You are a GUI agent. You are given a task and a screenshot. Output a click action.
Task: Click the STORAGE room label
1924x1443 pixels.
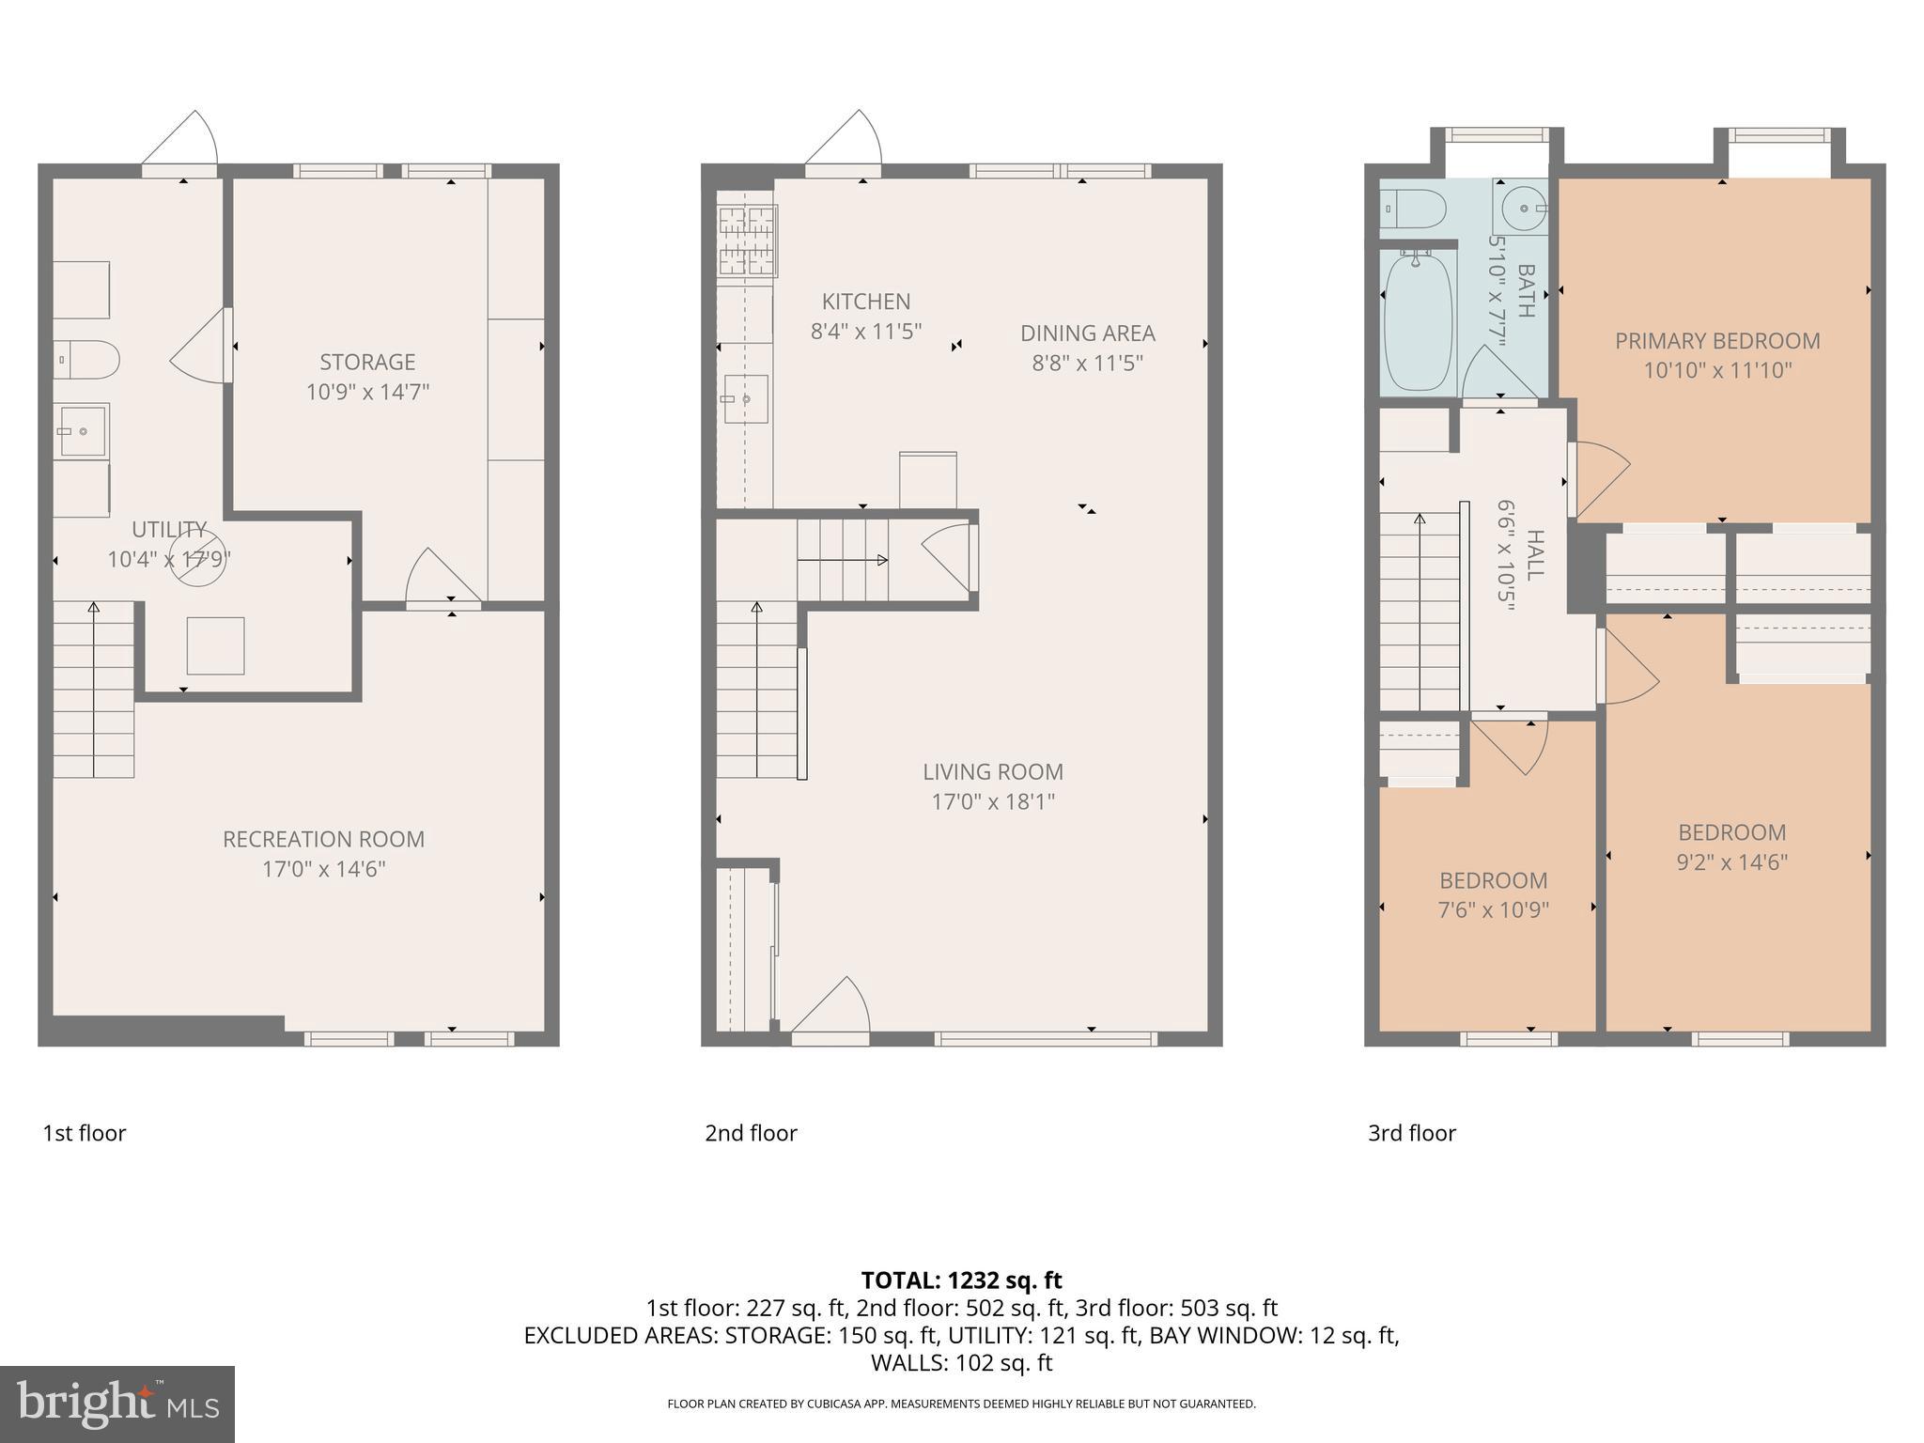click(x=367, y=362)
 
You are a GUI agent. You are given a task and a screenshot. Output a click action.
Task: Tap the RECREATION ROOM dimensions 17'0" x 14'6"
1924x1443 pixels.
click(x=323, y=869)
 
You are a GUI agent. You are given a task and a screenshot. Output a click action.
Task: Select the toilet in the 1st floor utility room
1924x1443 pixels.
click(x=87, y=360)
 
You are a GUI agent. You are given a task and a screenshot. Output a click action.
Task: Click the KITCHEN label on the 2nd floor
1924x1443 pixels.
click(x=865, y=302)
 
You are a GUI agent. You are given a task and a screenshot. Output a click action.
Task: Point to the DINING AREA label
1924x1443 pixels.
click(x=1087, y=333)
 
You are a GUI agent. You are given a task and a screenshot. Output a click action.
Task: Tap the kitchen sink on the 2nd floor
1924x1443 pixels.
click(x=745, y=399)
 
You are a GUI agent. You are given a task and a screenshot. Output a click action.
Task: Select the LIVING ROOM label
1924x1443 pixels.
click(x=992, y=771)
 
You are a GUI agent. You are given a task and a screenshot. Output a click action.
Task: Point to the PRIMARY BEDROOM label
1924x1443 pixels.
click(x=1716, y=341)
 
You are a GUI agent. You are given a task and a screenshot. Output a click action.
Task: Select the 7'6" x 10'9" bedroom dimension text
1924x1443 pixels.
click(x=1493, y=909)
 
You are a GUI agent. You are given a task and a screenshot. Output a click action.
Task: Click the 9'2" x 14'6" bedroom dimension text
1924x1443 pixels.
click(x=1731, y=861)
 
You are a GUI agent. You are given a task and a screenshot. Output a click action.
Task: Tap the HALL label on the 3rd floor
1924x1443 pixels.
click(x=1534, y=554)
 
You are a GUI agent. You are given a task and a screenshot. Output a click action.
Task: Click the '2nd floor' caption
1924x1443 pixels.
click(x=751, y=1133)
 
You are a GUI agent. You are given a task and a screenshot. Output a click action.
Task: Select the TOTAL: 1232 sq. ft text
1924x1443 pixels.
click(x=961, y=1280)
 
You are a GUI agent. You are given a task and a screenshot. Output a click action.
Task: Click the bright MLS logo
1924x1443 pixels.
click(x=117, y=1404)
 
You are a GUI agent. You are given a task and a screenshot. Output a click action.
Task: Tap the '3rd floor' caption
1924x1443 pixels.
click(x=1411, y=1133)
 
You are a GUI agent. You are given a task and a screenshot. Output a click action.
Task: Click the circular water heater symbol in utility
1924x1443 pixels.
click(x=197, y=558)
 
